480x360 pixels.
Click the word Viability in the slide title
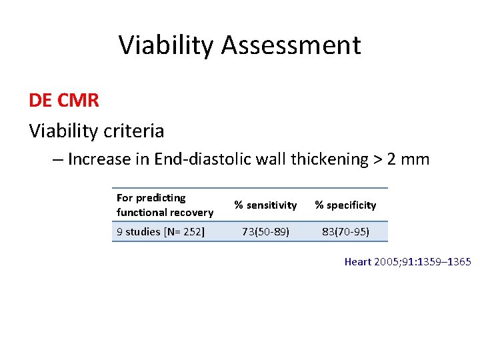pos(167,45)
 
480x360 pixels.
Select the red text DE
pos(41,101)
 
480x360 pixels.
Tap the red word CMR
pos(79,101)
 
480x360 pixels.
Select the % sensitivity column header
pos(265,205)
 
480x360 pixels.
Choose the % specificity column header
pos(345,205)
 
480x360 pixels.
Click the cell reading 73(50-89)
pos(265,232)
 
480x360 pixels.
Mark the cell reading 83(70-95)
pos(345,232)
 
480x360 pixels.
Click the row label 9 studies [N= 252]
pos(161,232)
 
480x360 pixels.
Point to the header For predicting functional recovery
pos(165,205)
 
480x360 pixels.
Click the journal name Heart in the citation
pos(357,262)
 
